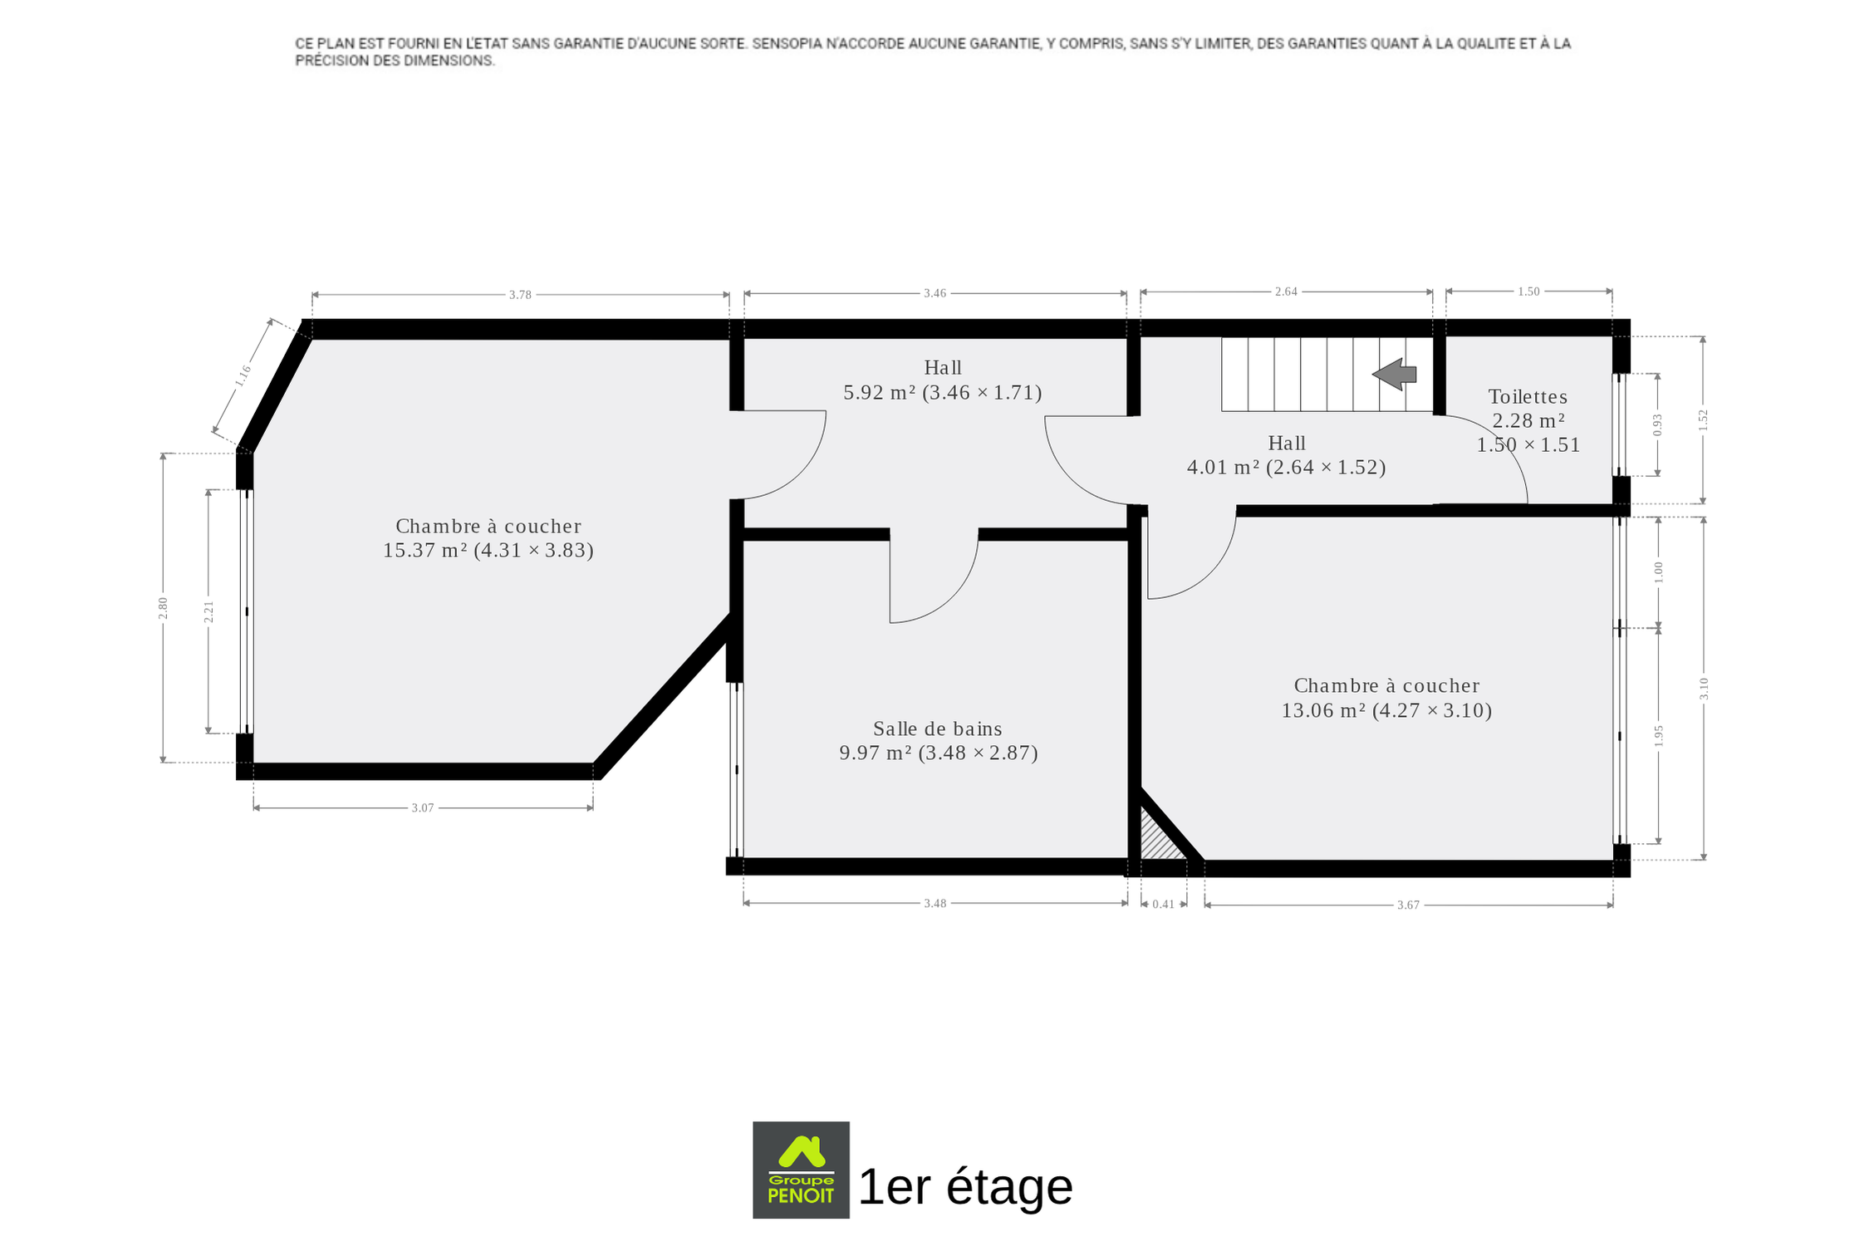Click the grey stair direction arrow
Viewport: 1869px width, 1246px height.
pos(1395,374)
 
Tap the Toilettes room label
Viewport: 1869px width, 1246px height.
pos(1528,397)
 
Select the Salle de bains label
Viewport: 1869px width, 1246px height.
pos(938,728)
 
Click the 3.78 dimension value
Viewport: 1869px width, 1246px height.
pos(520,295)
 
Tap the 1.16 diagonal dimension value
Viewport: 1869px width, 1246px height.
pos(242,376)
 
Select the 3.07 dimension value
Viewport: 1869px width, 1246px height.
pos(423,808)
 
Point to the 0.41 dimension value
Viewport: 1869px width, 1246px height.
pos(1164,905)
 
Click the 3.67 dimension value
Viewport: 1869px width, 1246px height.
pos(1408,905)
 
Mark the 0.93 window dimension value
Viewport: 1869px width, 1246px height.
pos(1657,425)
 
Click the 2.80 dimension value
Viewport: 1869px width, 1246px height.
pos(163,608)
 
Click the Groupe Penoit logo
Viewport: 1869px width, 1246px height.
pos(801,1170)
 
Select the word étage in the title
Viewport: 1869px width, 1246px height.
pos(1009,1186)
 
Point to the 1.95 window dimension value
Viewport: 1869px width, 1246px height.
pos(1659,736)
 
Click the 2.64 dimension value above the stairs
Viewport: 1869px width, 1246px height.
pos(1286,292)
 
